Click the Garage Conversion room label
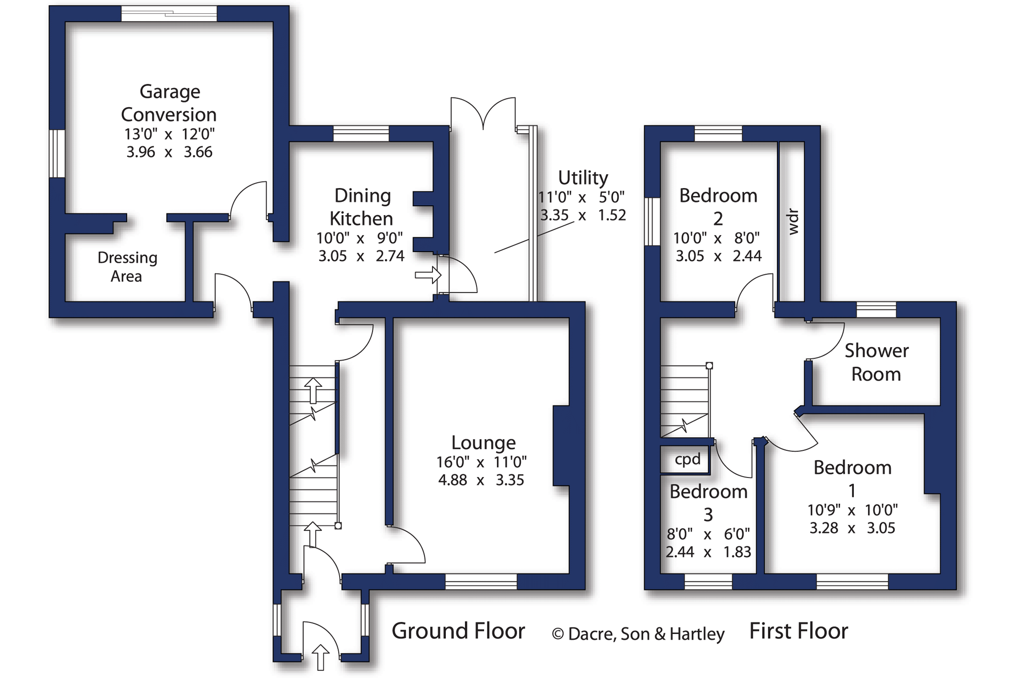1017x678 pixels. tap(169, 103)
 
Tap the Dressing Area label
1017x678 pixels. tap(127, 267)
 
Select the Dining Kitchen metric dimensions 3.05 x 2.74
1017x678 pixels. tap(361, 256)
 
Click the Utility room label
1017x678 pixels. tap(583, 178)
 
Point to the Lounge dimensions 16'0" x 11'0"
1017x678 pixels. tap(481, 462)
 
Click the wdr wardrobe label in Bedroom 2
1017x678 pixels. tap(793, 222)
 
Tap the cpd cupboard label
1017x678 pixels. tap(687, 459)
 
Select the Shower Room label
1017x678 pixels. tap(876, 362)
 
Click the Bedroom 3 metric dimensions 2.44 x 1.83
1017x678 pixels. tap(708, 552)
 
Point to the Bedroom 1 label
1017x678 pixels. tap(852, 478)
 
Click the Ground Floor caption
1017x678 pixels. tap(458, 631)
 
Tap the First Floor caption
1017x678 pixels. tap(798, 631)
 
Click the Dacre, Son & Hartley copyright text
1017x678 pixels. tap(638, 634)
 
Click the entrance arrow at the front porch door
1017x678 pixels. tap(321, 657)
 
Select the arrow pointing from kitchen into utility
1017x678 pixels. tap(428, 275)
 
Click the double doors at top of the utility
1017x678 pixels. tap(483, 113)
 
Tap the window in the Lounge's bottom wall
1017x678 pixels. tap(481, 581)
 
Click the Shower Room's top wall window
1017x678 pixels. tap(876, 310)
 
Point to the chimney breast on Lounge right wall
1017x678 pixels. tap(561, 446)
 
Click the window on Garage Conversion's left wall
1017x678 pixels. tap(57, 153)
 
